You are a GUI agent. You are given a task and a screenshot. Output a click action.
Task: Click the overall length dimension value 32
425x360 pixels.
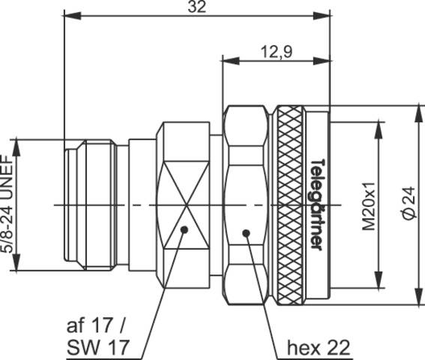click(x=197, y=7)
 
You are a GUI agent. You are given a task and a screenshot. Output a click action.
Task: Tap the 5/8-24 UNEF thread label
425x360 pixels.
click(x=8, y=204)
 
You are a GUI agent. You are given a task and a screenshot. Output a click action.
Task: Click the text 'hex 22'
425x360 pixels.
click(x=319, y=348)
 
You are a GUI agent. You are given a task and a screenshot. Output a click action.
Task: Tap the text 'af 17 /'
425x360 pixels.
click(x=97, y=327)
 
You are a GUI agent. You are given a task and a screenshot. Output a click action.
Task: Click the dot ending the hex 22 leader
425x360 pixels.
click(x=246, y=234)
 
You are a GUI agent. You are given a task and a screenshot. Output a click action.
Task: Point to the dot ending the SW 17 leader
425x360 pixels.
click(x=184, y=229)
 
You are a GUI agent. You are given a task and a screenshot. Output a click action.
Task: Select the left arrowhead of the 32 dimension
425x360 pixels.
click(x=70, y=16)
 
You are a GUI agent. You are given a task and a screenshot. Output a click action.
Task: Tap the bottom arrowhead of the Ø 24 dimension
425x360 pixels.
click(x=418, y=300)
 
